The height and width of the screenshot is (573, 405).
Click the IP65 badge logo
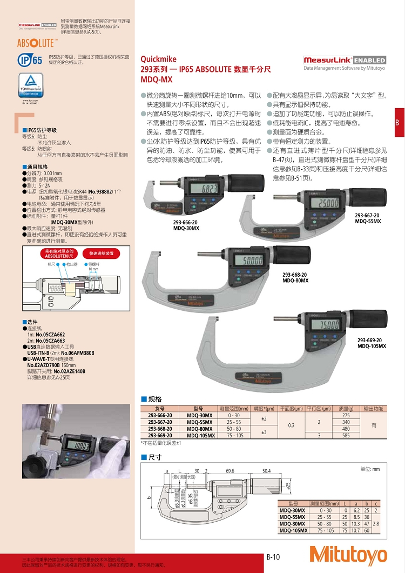point(30,59)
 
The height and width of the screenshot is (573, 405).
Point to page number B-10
point(274,556)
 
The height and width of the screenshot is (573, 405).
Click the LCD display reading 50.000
point(250,261)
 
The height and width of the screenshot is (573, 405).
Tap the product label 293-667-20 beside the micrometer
point(367,216)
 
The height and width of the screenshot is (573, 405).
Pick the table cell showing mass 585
point(346,435)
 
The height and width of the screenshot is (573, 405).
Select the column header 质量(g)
point(346,409)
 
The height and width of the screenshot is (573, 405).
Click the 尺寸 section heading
point(155,457)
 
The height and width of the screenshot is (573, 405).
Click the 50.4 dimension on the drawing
point(267,471)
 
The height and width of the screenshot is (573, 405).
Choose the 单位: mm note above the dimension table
point(369,469)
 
